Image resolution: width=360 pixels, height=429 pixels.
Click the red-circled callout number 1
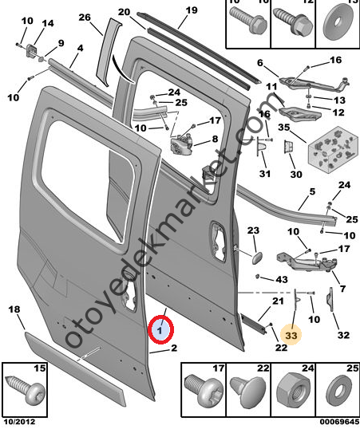[x=160, y=330]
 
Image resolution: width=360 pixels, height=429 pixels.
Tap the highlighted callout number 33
[x=291, y=335]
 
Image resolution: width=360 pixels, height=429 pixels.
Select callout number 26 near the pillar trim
[x=85, y=18]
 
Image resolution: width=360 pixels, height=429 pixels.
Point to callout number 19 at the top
[x=192, y=10]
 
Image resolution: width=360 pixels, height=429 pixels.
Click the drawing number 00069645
[x=339, y=422]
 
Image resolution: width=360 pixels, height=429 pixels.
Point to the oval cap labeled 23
[x=256, y=258]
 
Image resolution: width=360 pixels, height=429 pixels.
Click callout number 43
[x=282, y=279]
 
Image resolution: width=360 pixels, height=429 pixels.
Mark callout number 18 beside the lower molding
[x=14, y=309]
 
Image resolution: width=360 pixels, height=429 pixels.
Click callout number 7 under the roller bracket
[x=342, y=289]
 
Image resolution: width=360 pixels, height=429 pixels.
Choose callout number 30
[x=296, y=174]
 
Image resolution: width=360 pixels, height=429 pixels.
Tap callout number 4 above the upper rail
[x=80, y=49]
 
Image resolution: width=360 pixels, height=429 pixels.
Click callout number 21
[x=278, y=301]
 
